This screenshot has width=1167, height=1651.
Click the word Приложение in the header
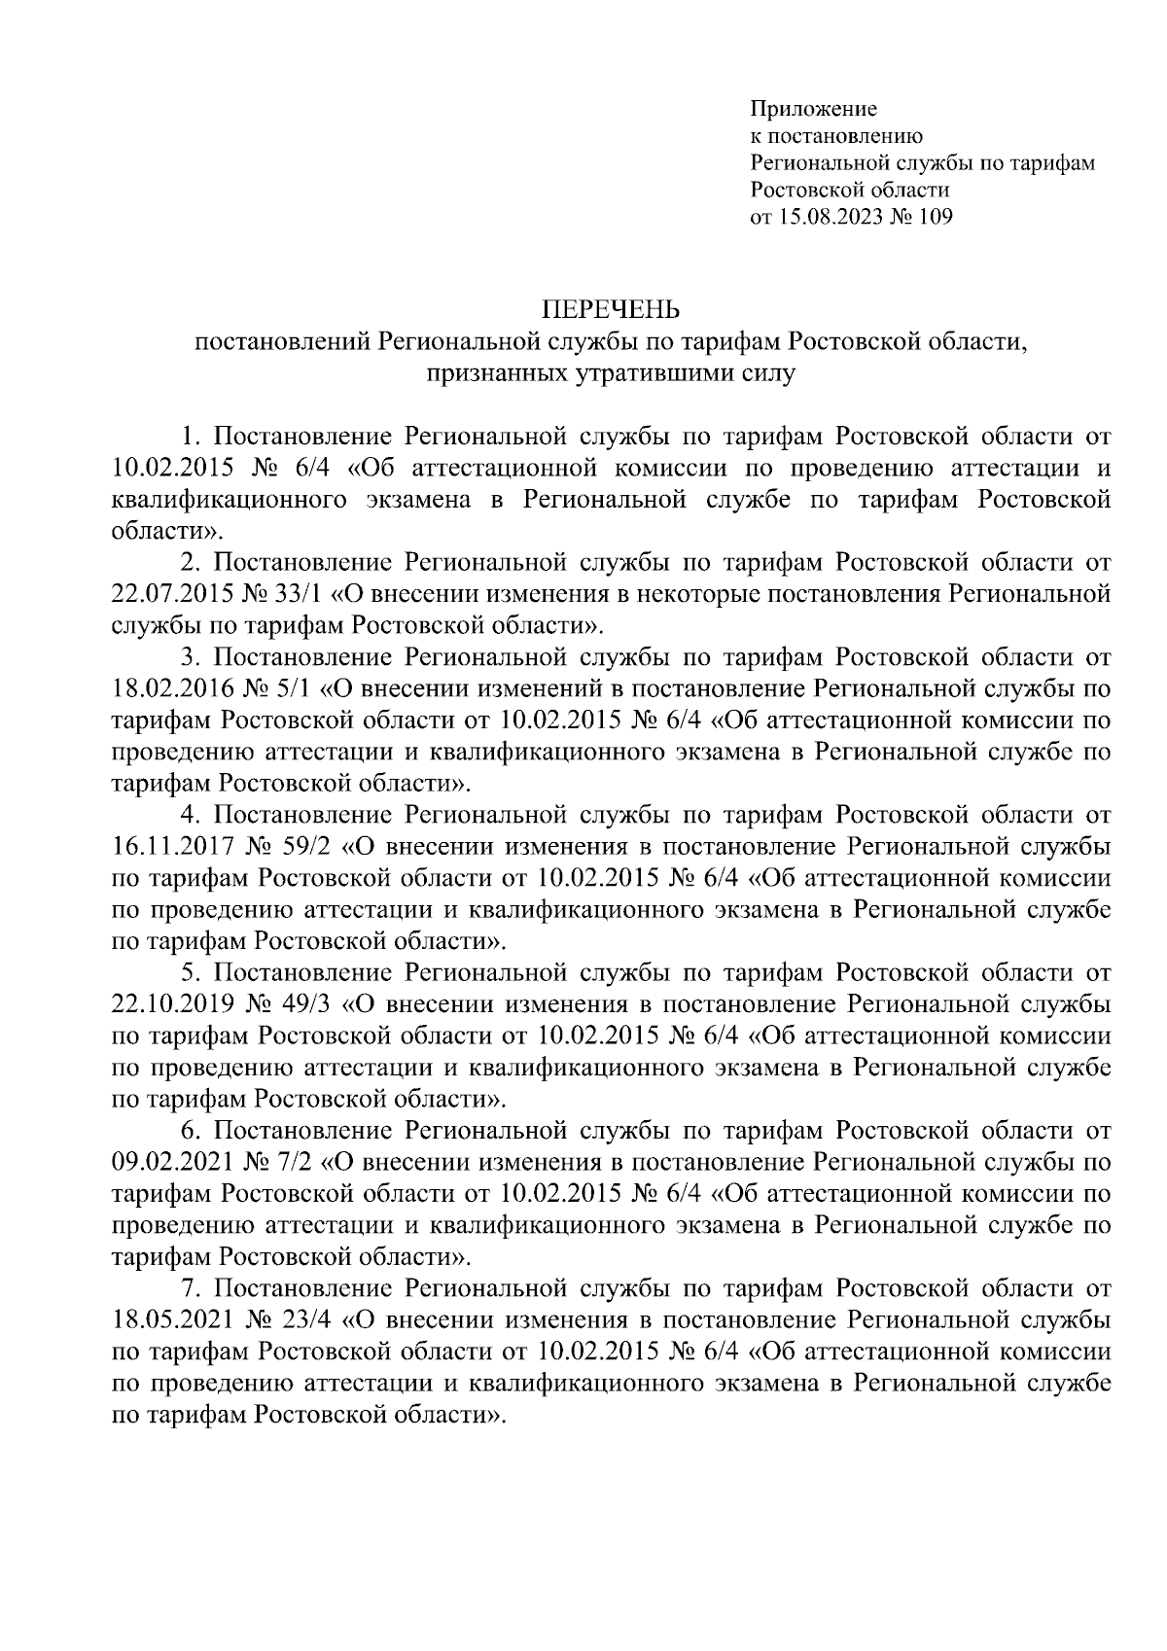tap(813, 109)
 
